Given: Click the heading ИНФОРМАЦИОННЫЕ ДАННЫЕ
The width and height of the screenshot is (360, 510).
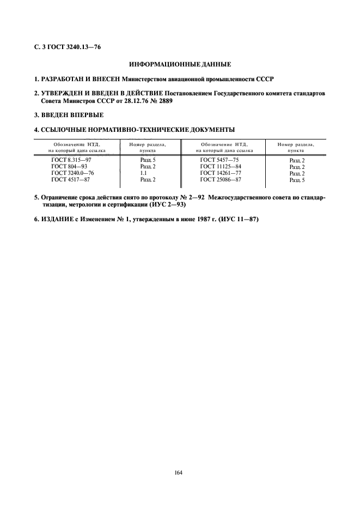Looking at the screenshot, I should [180, 64].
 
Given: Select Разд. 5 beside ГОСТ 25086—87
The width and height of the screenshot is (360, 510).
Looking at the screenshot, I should [297, 179].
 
